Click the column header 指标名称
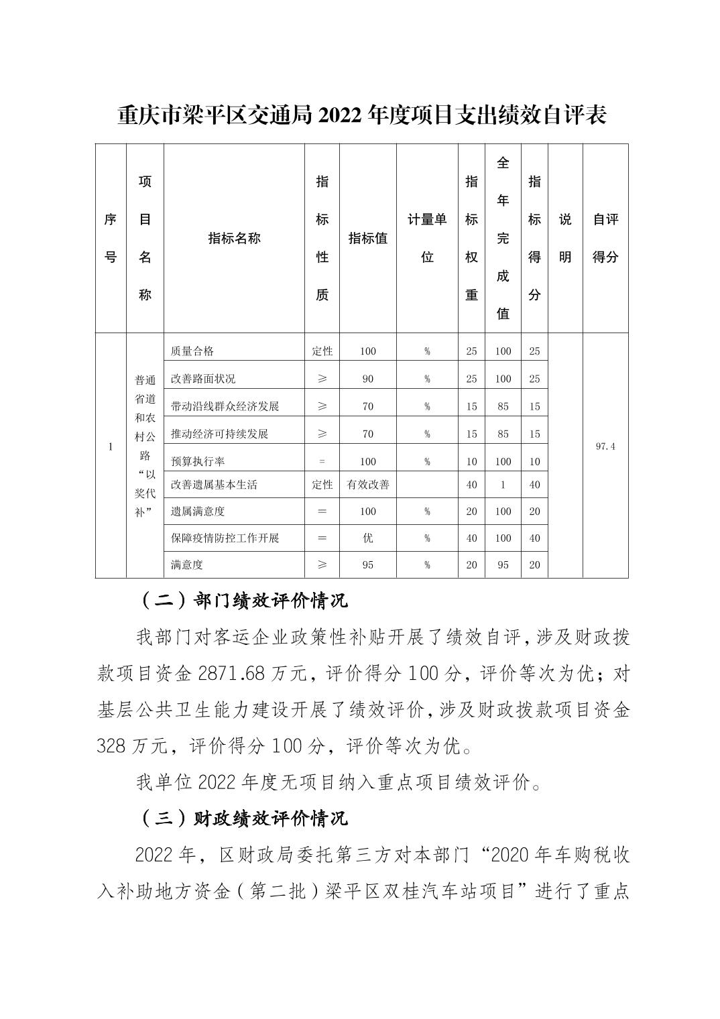[x=234, y=238]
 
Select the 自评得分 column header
[x=605, y=238]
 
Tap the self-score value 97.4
[x=605, y=446]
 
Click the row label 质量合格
[x=192, y=351]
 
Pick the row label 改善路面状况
[x=203, y=379]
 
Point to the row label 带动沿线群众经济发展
[x=225, y=406]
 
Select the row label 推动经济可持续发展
[x=219, y=434]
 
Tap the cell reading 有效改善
[x=368, y=485]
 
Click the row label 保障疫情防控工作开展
[x=225, y=538]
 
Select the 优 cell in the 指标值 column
[x=368, y=538]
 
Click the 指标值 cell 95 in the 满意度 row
[x=368, y=565]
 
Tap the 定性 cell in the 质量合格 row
[x=322, y=351]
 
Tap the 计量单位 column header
[x=427, y=238]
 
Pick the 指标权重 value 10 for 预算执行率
[x=471, y=461]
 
